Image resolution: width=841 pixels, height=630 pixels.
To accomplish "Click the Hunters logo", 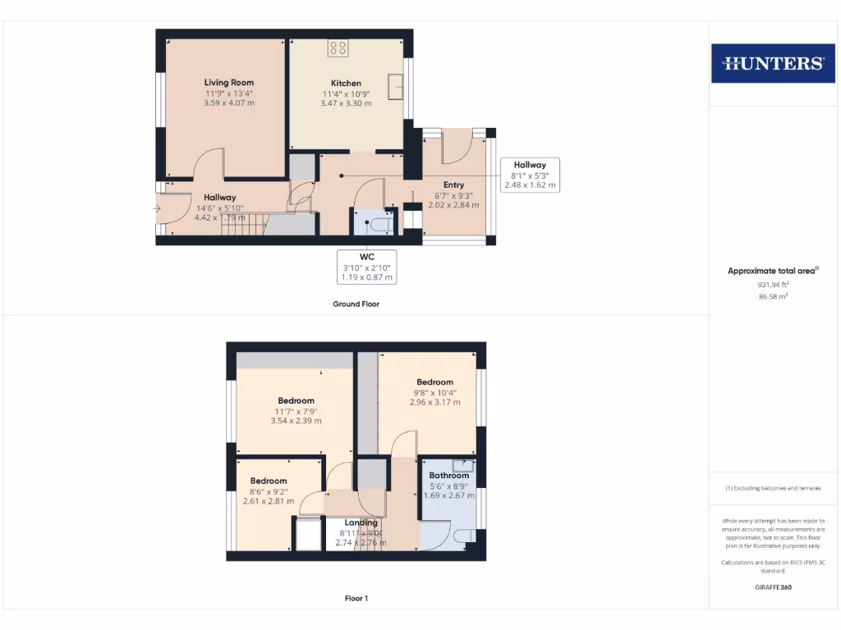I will coord(772,63).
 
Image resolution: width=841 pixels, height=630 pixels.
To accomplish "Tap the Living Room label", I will coord(229,83).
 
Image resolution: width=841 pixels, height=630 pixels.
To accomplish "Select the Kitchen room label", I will coord(346,84).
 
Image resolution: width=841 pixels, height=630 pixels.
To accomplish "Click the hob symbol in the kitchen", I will coord(338,48).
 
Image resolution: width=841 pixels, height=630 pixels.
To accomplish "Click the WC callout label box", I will coord(367,267).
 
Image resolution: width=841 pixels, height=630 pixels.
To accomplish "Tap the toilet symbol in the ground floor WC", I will coord(380,224).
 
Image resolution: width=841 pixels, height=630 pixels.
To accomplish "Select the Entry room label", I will coord(453,185).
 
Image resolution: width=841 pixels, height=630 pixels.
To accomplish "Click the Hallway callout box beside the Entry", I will coord(530,175).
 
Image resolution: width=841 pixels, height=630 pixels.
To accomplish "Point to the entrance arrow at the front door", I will coord(157,208).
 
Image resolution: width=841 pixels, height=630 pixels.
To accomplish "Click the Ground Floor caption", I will coord(356,304).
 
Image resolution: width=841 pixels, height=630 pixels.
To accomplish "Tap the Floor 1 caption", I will coord(356,599).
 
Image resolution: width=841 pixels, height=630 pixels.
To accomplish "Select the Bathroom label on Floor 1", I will coord(449,476).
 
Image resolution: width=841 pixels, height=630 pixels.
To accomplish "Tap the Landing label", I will coord(361,523).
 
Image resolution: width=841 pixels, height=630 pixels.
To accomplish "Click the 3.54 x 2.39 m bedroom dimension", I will coord(296,421).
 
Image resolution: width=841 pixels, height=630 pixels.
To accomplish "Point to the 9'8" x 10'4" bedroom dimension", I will coord(434,392).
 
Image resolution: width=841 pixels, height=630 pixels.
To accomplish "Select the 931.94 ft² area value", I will coord(772,284).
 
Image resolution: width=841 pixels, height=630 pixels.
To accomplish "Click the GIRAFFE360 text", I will coord(771,587).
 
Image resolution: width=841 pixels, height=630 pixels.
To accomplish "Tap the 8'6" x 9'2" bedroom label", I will coord(269,491).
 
